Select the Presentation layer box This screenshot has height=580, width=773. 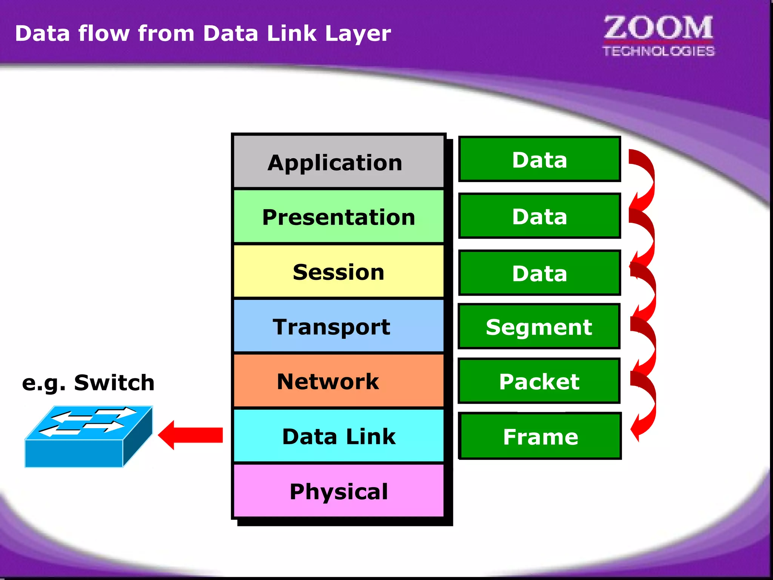tap(338, 217)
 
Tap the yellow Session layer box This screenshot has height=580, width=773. tap(338, 271)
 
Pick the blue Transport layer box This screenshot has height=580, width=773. tap(338, 326)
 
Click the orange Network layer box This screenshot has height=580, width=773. tap(338, 381)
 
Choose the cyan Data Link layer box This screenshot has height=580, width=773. tap(338, 436)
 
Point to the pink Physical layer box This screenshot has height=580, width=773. tap(338, 491)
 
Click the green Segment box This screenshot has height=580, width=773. tap(539, 327)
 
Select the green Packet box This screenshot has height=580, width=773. tap(539, 381)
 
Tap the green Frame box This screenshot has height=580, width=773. tap(540, 436)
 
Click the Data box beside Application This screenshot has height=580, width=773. tap(539, 159)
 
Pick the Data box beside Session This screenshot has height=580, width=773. tap(539, 273)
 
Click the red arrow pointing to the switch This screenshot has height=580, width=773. tap(191, 435)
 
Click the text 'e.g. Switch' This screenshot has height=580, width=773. tap(88, 383)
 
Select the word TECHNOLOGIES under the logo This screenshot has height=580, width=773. tap(658, 51)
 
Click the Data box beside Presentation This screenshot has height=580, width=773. tap(539, 216)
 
